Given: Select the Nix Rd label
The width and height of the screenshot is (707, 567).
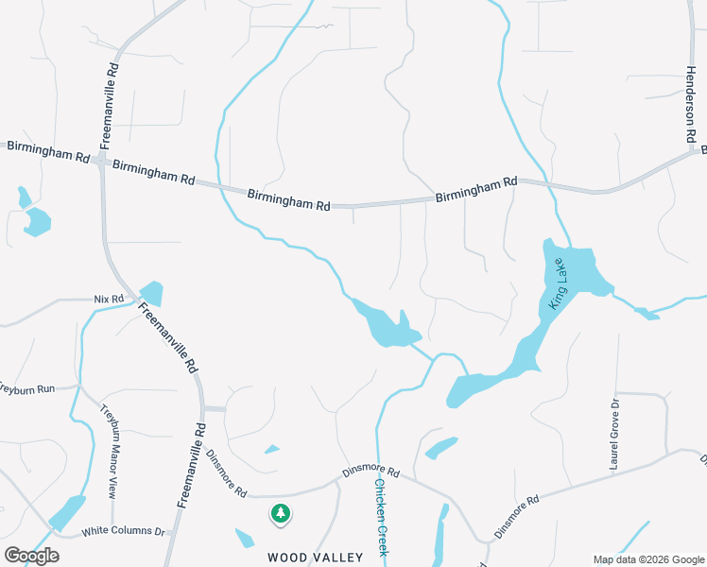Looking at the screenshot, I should (110, 300).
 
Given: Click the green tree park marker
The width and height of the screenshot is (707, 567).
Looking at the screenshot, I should (280, 514).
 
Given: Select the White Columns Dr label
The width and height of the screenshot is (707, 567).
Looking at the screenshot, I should (123, 532).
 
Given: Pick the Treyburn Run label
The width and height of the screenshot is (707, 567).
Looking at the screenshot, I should (26, 388).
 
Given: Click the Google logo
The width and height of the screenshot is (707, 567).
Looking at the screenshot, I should (31, 556).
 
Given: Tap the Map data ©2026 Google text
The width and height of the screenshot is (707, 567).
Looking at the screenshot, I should (647, 559).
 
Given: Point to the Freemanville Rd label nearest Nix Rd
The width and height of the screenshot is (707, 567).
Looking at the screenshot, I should (168, 336).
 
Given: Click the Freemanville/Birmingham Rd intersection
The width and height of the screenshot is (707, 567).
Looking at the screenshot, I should (100, 163).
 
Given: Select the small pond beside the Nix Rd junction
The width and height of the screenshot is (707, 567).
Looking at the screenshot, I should (150, 293).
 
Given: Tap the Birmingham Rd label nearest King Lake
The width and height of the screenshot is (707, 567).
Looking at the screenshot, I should (476, 189).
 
